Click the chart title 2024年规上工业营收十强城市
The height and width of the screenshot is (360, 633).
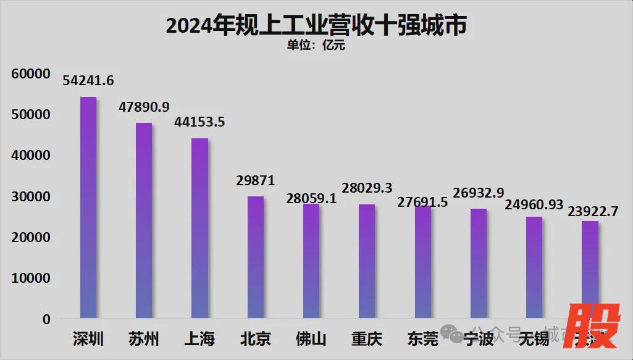pos(316,25)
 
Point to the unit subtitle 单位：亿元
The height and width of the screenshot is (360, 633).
pos(316,45)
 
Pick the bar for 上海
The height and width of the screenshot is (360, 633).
pos(199,228)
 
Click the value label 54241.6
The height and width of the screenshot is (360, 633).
pos(88,81)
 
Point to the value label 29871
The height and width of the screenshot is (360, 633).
pos(255,181)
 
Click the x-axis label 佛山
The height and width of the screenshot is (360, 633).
pos(311,339)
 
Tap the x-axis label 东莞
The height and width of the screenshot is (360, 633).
pos(423,339)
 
